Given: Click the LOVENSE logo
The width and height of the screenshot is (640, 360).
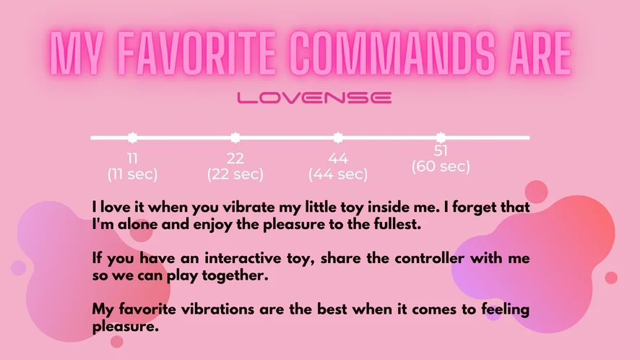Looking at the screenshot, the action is pos(314,98).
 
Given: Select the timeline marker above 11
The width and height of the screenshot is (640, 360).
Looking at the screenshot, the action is pos(132,137).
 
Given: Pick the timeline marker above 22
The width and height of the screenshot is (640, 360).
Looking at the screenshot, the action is pos(235,137).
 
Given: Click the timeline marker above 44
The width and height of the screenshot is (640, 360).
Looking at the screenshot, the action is pos(338,137).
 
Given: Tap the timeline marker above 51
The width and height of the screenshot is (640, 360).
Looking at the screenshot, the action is pos(441,137).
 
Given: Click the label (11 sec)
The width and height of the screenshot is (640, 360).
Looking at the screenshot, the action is pos(133,174).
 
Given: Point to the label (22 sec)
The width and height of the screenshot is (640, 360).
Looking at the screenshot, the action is pos(235,174).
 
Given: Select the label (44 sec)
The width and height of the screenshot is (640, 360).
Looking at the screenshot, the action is pos(338,174).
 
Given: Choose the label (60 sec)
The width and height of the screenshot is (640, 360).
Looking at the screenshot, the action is pos(441,167).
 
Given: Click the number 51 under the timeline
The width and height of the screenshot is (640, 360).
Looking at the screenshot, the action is pos(441,151).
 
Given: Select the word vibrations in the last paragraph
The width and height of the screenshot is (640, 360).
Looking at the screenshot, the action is pos(217,309).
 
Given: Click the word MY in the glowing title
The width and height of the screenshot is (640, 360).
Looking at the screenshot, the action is pos(77,53).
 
